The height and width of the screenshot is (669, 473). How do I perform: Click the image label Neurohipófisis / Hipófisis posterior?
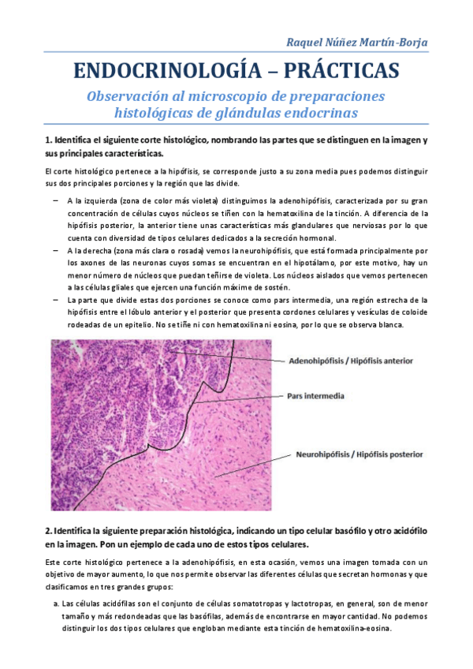(x=359, y=454)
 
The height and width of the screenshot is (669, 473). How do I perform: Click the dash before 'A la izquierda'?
(x=57, y=201)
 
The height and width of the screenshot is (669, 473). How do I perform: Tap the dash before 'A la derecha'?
(x=57, y=250)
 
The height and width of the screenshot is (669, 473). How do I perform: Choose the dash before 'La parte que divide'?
(x=57, y=300)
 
